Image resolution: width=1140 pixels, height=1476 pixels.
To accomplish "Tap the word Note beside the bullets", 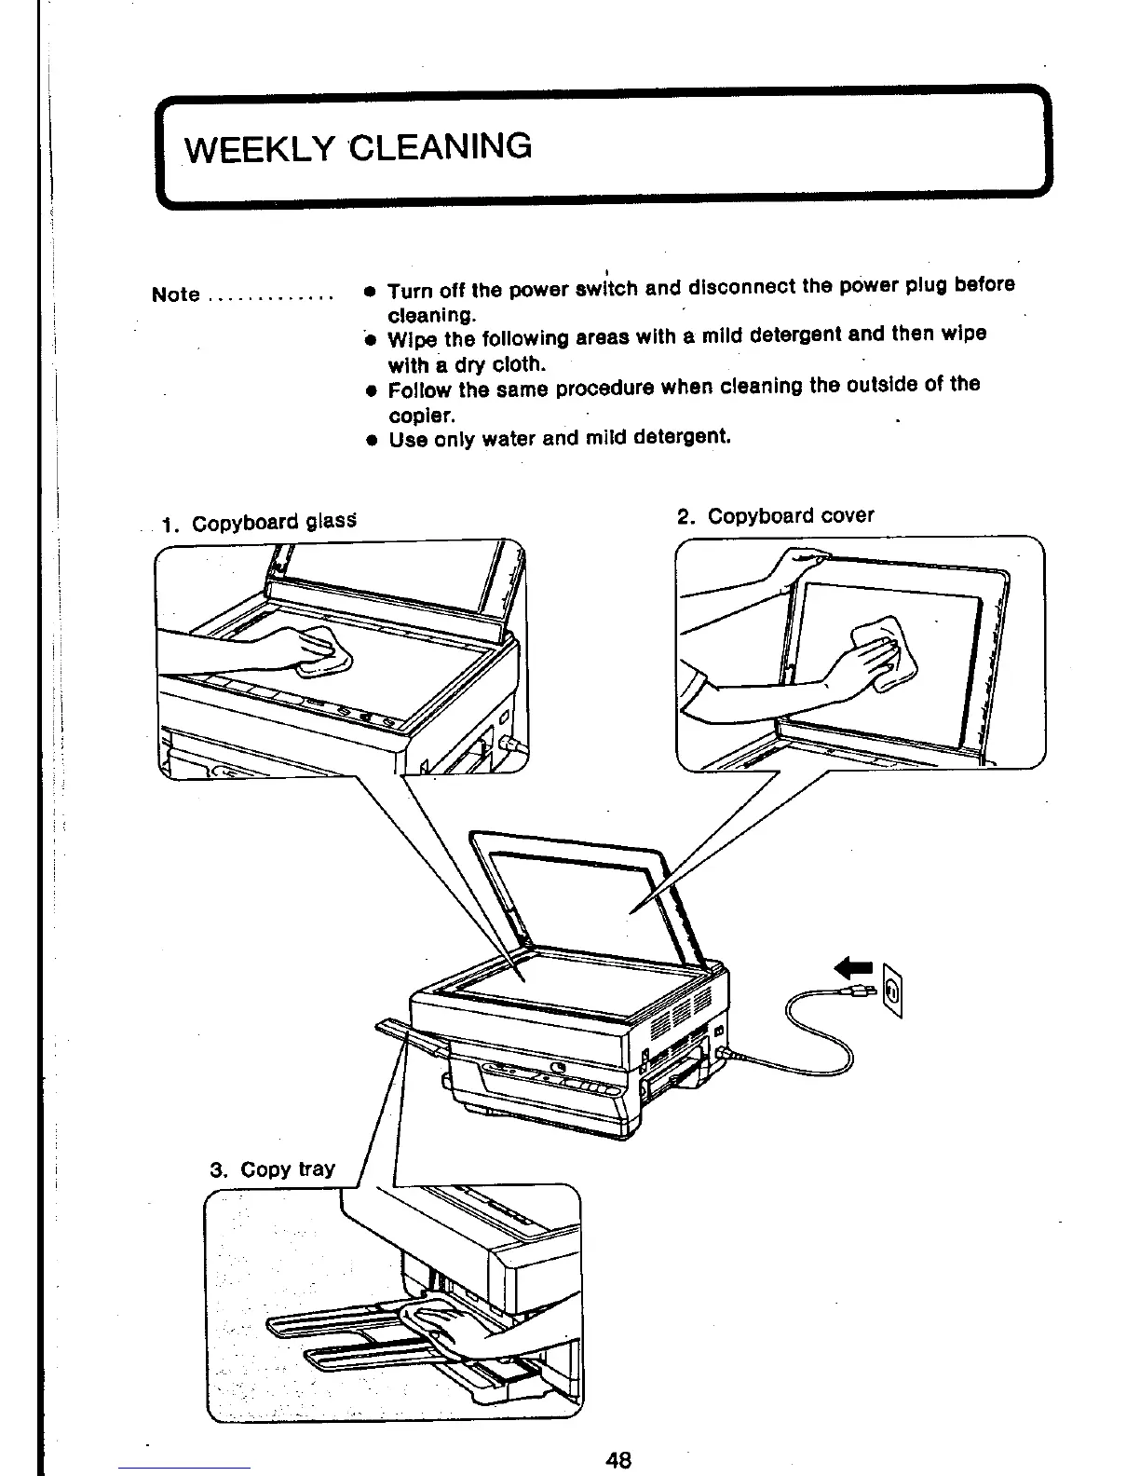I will [x=175, y=294].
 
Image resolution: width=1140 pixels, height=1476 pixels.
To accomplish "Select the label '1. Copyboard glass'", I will [x=259, y=522].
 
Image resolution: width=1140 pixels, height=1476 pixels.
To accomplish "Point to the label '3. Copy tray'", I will [x=272, y=1168].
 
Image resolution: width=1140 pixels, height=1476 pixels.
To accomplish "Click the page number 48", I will [x=618, y=1459].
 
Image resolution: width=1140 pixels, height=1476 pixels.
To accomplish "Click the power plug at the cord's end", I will [x=858, y=992].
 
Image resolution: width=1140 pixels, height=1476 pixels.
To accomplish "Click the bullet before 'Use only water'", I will [x=370, y=439].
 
